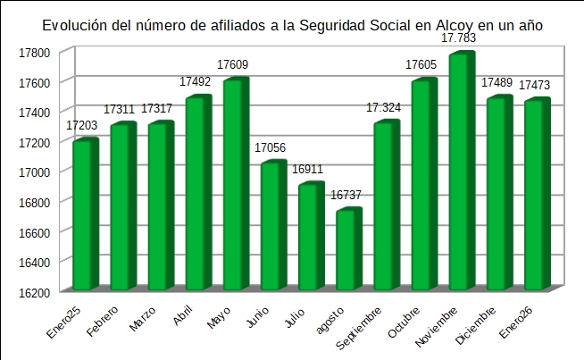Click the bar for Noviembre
point(461,172)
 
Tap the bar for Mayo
point(235,185)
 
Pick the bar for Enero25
point(84,215)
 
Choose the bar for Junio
point(272,226)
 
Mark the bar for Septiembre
point(385,206)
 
